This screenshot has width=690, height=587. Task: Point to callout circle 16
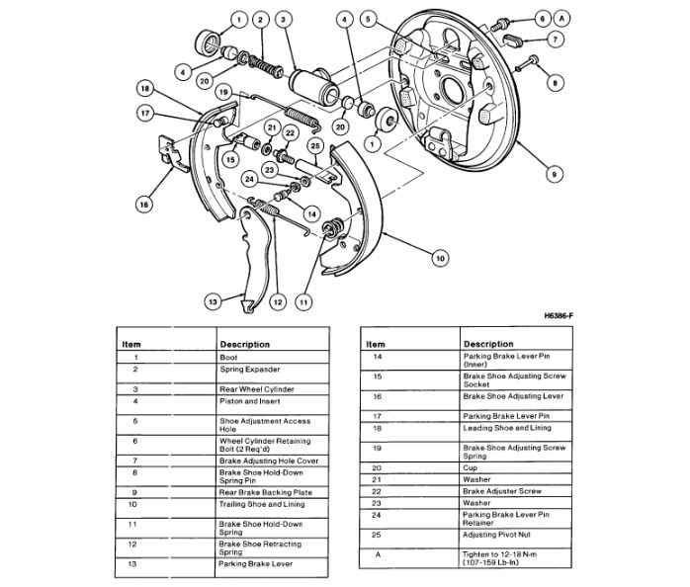(x=144, y=205)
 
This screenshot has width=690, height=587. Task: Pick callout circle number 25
(x=315, y=146)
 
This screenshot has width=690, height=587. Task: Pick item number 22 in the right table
(x=376, y=491)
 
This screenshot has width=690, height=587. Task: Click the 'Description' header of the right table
(x=487, y=343)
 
